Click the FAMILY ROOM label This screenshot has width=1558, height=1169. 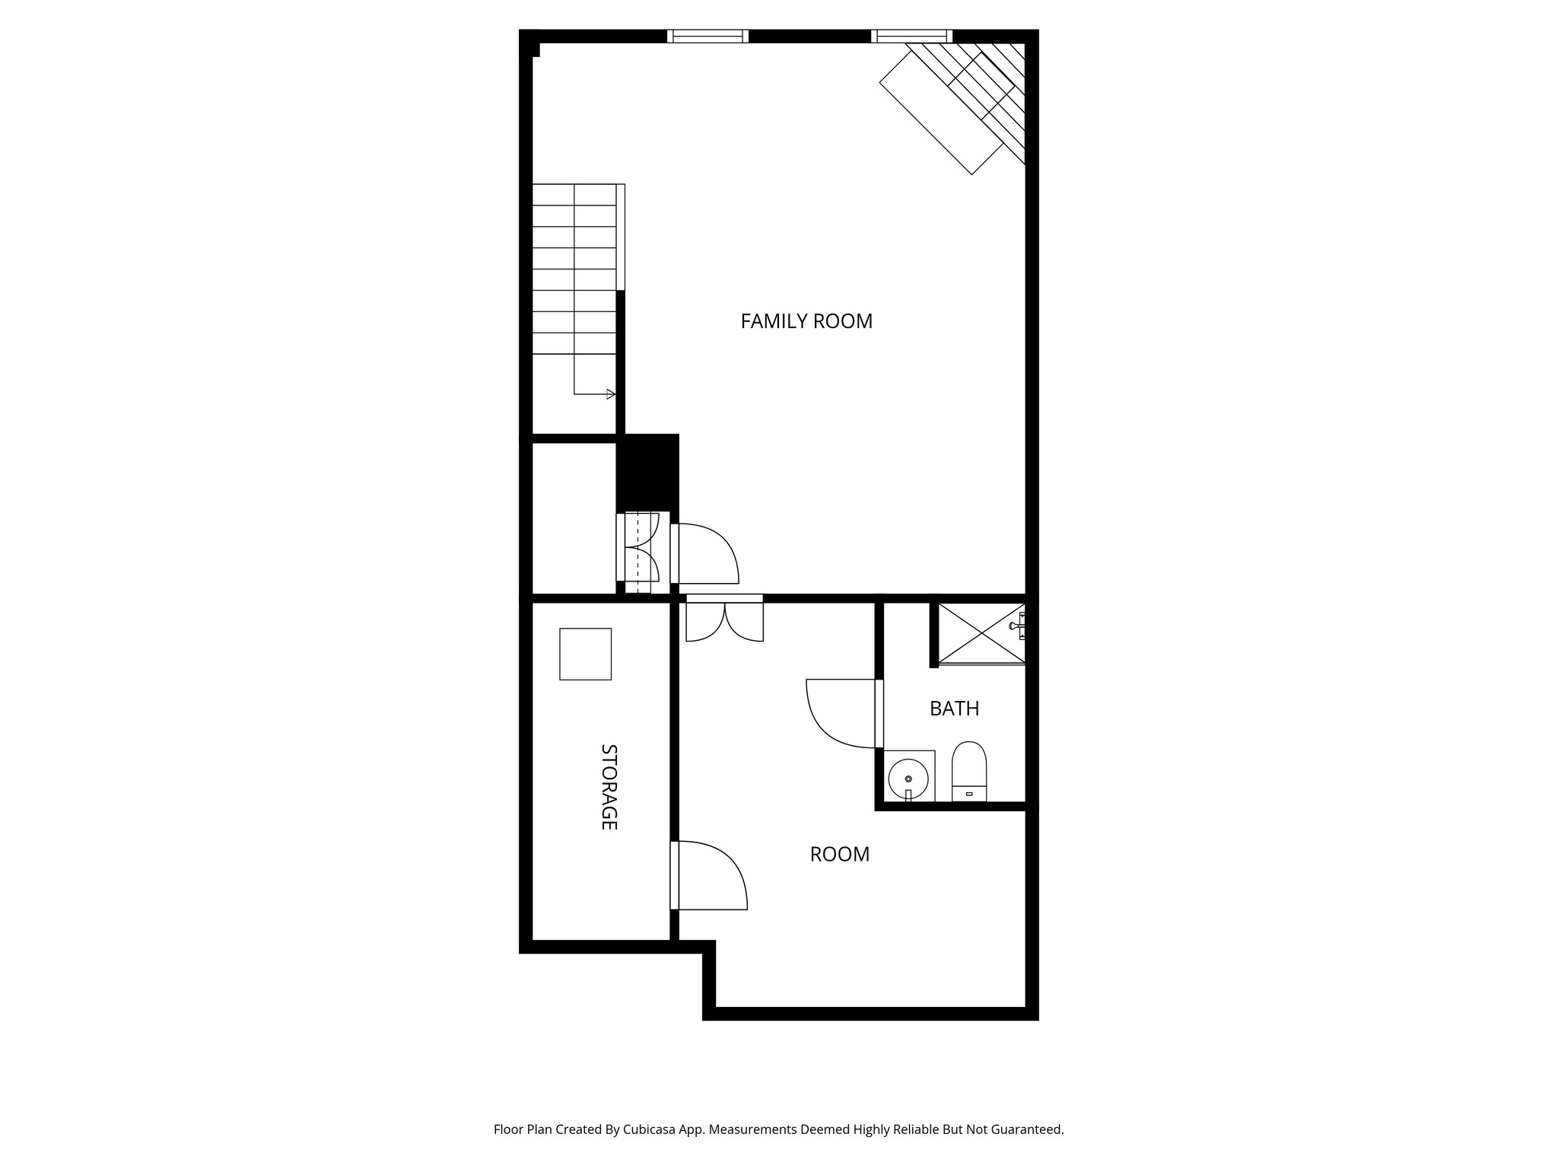806,321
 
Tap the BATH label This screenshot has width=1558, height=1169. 954,709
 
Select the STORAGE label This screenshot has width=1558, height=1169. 609,786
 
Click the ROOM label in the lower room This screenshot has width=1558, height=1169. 839,854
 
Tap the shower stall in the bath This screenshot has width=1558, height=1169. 980,633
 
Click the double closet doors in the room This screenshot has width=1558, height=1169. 724,620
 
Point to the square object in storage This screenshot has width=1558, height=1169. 585,654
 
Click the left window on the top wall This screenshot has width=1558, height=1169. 707,36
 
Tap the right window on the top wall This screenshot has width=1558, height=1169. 911,36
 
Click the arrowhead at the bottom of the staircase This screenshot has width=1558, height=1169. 610,394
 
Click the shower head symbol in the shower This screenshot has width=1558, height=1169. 1016,626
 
